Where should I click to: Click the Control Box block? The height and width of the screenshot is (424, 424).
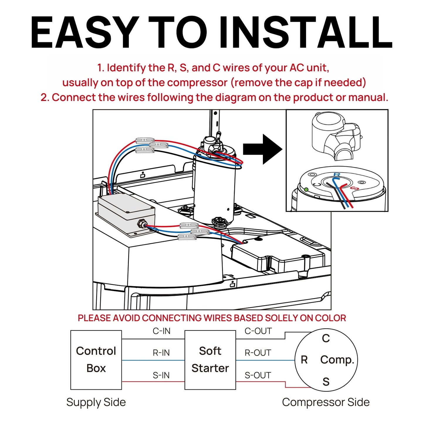96,360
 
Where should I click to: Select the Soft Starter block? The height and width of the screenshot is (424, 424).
210,360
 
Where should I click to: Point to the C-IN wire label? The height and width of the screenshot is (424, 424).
161,331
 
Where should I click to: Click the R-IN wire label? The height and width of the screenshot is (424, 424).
161,353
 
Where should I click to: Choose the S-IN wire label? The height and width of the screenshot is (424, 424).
161,375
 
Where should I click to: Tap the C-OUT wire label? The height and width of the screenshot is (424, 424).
258,331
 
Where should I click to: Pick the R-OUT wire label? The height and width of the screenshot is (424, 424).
258,353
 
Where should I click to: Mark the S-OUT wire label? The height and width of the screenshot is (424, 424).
258,375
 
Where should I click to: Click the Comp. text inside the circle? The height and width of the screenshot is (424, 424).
337,360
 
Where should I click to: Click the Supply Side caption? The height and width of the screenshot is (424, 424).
96,402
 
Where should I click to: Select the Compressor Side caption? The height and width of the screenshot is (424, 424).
326,402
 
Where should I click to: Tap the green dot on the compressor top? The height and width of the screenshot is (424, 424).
306,190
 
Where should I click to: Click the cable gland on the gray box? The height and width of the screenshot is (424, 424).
141,224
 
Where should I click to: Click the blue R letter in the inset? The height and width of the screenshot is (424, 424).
337,175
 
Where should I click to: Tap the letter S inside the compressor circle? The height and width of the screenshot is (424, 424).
326,382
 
